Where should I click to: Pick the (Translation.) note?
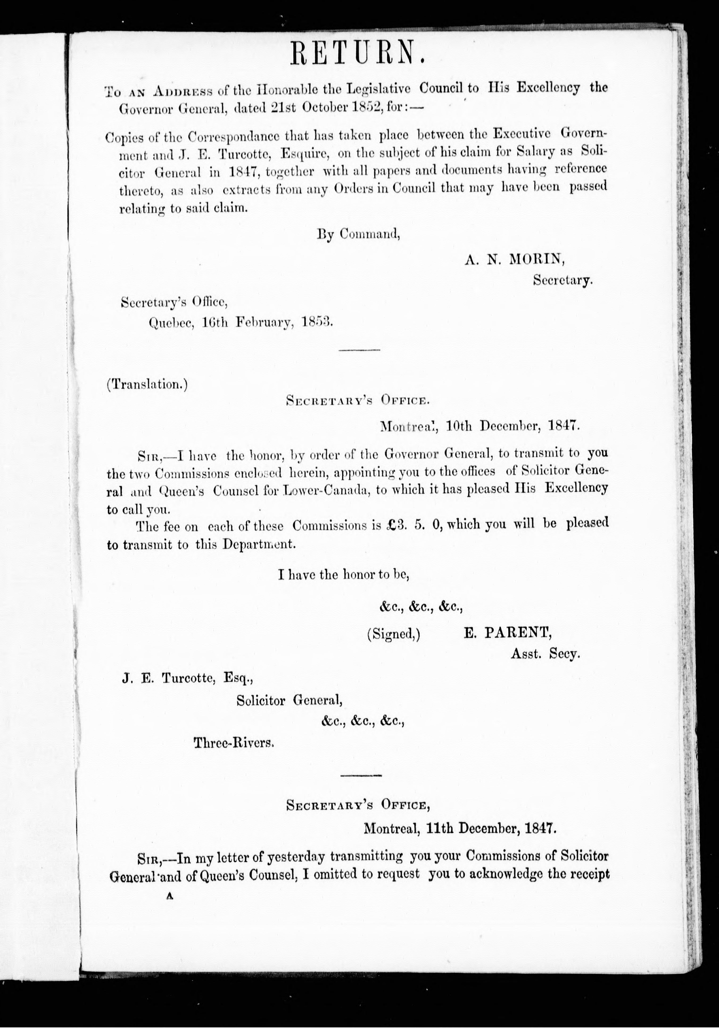(147, 385)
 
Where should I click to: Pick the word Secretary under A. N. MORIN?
(562, 280)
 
